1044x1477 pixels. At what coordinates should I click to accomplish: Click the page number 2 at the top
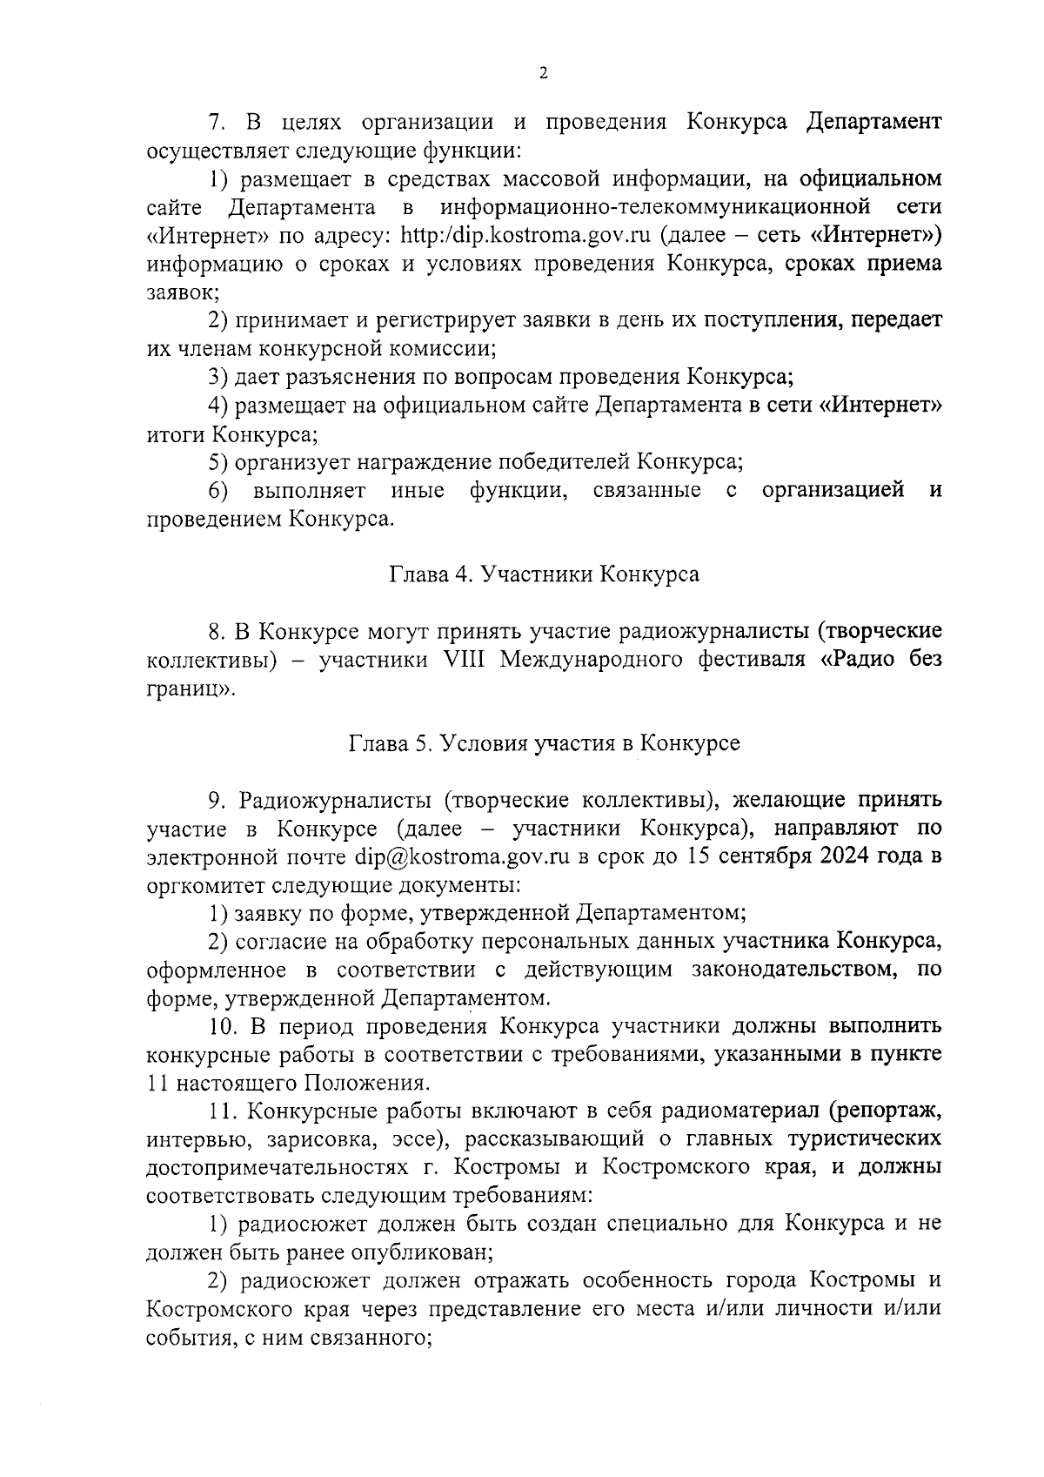[x=543, y=74]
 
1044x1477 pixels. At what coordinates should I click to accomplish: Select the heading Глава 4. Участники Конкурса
[x=543, y=574]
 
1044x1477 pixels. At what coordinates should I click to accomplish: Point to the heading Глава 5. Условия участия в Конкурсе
[x=544, y=743]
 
